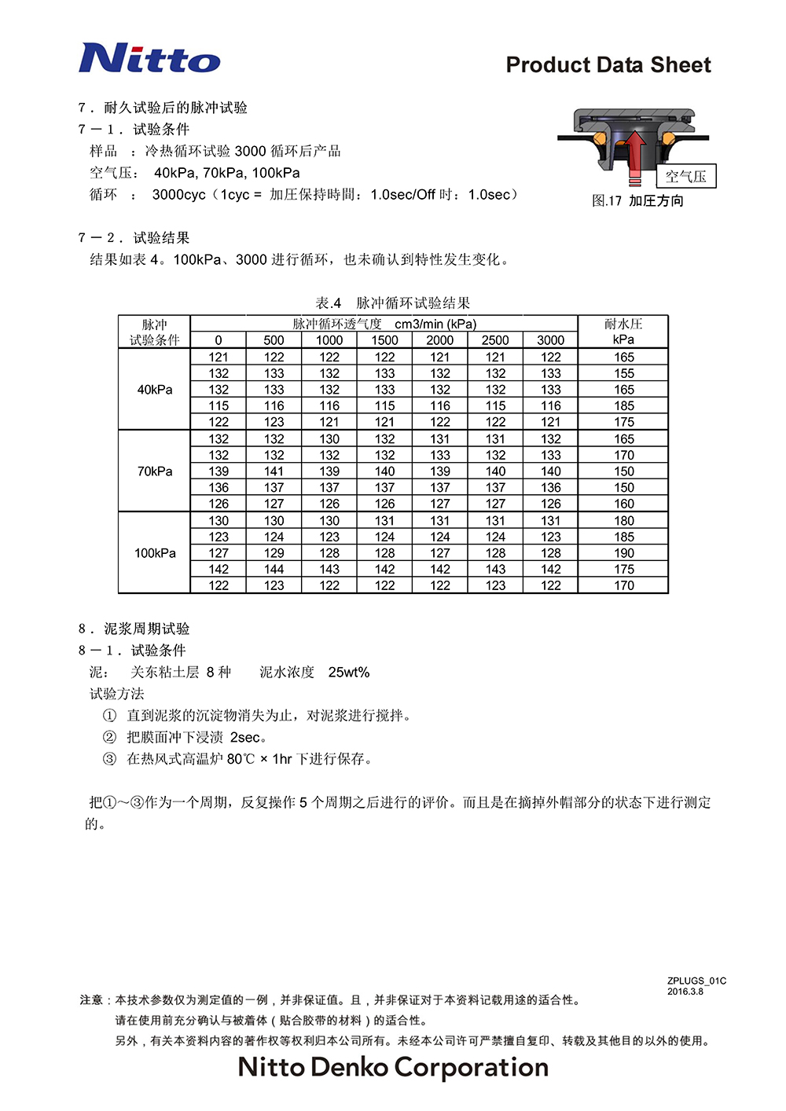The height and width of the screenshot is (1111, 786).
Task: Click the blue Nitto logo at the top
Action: (149, 59)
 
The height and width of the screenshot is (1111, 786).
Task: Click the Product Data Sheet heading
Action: (608, 65)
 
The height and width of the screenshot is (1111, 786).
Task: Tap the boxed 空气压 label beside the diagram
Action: (686, 176)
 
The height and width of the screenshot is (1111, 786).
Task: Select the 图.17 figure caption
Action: (637, 201)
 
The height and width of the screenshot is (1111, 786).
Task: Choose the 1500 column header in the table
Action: (384, 340)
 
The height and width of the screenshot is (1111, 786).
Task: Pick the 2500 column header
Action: (495, 340)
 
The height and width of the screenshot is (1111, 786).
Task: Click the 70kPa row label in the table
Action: (155, 471)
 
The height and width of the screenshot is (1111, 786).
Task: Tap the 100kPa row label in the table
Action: (155, 553)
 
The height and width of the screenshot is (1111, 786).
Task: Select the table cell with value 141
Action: (274, 471)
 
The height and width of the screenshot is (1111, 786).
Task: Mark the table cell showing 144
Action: (274, 570)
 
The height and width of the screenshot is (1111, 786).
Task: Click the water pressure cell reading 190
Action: (624, 553)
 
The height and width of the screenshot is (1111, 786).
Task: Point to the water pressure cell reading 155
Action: (624, 373)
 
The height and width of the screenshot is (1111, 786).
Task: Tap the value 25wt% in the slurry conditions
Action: (348, 673)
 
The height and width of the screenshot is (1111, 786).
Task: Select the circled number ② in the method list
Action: (109, 737)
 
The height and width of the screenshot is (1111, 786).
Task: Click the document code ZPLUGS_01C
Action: (696, 981)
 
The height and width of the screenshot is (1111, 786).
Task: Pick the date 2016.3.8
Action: (685, 992)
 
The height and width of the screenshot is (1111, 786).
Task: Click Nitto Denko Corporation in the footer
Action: (393, 1067)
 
